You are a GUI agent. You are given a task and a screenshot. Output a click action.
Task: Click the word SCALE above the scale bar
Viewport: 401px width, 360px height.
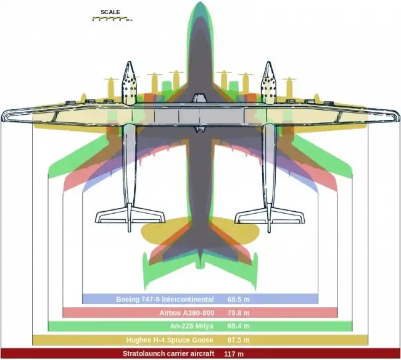tap(110, 12)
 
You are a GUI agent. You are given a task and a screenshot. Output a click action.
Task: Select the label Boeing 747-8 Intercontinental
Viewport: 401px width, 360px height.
tap(165, 299)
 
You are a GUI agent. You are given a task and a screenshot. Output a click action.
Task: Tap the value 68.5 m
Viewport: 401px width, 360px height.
tap(238, 299)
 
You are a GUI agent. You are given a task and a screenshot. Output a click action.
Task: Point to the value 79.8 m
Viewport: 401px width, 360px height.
tap(238, 312)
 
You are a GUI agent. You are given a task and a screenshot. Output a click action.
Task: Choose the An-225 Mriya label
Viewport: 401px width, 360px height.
tap(191, 326)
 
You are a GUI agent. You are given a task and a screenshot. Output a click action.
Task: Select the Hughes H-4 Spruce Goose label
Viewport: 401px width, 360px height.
tap(170, 340)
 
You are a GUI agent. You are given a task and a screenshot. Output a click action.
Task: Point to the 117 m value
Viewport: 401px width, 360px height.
tap(235, 354)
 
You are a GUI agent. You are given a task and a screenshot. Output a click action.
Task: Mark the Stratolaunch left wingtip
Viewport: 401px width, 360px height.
tap(6, 115)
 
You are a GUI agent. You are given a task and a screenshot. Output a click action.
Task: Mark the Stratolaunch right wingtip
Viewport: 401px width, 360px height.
tap(395, 115)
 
